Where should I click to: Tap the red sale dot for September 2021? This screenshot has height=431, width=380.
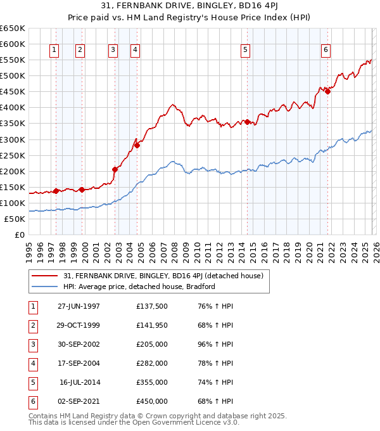(327, 92)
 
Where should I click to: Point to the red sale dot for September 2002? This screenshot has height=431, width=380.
(115, 169)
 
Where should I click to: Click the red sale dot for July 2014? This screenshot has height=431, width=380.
(247, 122)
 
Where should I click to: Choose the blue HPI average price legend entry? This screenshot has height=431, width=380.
(139, 286)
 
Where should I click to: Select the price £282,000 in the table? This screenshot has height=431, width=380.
(152, 364)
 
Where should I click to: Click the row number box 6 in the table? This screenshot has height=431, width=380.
(31, 402)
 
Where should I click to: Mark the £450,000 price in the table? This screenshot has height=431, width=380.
(152, 402)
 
